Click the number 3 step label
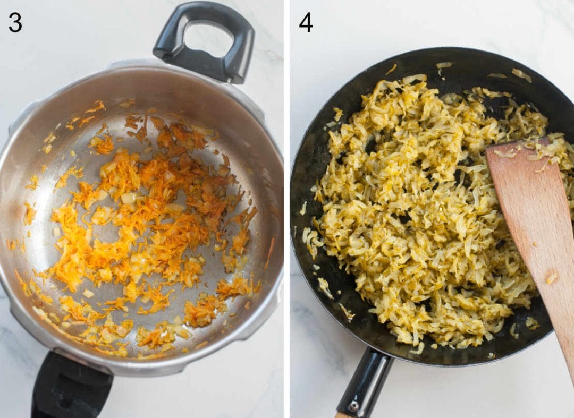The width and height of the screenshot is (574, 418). click(15, 23)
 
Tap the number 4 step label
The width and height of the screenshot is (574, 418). click(306, 23)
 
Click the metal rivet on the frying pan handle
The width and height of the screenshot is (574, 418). click(353, 406)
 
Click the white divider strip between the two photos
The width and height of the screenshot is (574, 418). click(286, 209)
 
